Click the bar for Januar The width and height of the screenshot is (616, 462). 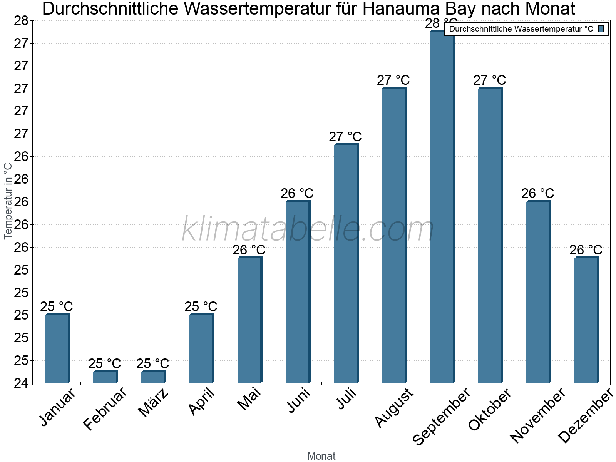click(x=57, y=348)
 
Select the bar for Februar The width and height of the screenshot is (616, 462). click(x=105, y=377)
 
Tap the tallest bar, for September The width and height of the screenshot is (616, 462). click(x=442, y=208)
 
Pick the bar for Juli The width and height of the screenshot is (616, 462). click(x=346, y=264)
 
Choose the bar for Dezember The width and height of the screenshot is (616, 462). click(x=586, y=320)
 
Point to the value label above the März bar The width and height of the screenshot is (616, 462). click(x=153, y=363)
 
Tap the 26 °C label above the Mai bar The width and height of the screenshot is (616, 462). click(x=249, y=250)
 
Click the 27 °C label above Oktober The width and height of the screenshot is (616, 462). click(x=490, y=80)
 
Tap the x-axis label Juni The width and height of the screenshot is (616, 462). click(x=299, y=400)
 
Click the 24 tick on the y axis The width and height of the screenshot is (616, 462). click(x=21, y=383)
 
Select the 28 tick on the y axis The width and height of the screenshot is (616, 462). click(x=21, y=21)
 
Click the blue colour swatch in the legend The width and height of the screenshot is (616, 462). click(x=601, y=29)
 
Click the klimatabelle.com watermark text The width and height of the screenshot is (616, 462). click(x=308, y=229)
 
